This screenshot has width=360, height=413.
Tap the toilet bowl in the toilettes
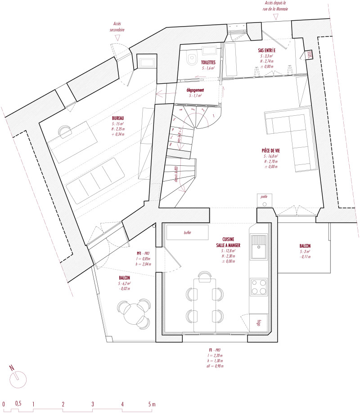click(x=192, y=58)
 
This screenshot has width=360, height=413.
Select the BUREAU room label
click(x=119, y=119)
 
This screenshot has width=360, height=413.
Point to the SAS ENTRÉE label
click(x=270, y=50)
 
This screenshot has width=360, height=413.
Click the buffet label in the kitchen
click(x=181, y=233)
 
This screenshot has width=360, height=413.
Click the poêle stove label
click(x=265, y=196)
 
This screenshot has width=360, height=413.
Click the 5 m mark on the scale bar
click(x=152, y=404)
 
